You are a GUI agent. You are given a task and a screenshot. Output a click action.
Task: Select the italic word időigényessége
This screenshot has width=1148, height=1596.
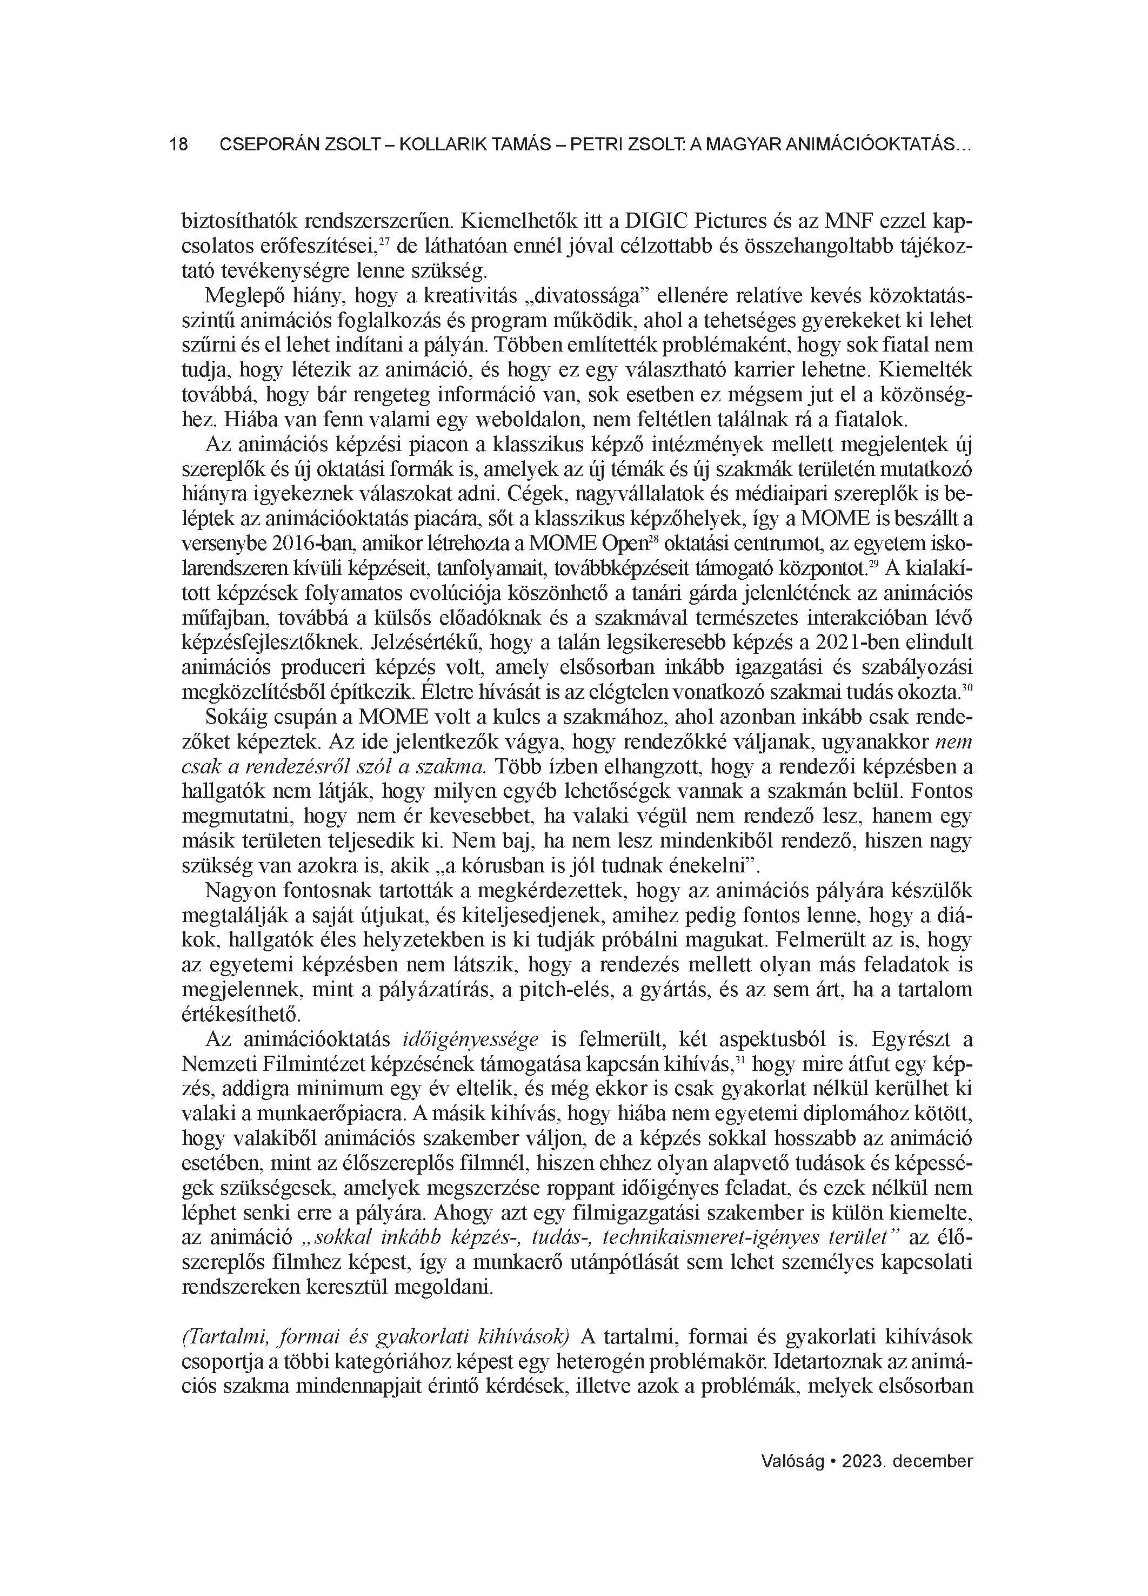[x=471, y=1038]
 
